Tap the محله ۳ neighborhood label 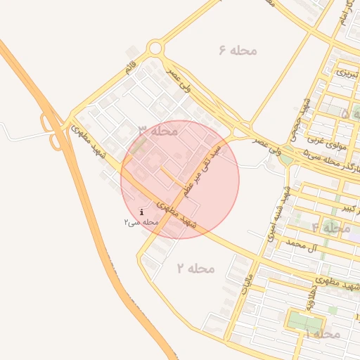(x=157, y=131)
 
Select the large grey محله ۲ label (x=195, y=268)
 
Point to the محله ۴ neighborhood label (x=331, y=227)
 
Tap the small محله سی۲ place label (x=139, y=221)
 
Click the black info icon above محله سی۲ (x=142, y=212)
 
